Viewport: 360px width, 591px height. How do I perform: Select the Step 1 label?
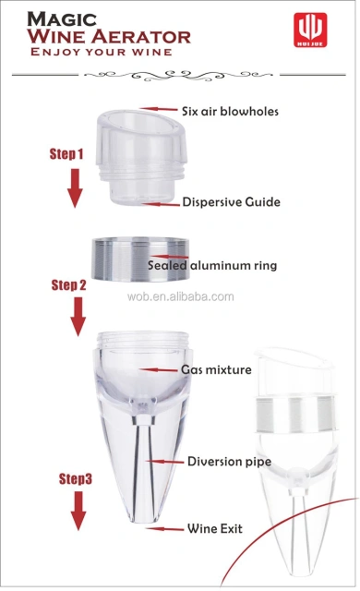66,154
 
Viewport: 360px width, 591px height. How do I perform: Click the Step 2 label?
68,285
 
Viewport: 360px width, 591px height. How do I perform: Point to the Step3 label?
76,479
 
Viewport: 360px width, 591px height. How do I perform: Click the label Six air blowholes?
231,112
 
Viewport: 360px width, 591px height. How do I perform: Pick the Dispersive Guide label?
231,201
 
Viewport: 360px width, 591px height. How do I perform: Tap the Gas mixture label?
216,369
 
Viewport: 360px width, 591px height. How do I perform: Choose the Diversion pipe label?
228,461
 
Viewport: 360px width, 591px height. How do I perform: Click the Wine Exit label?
218,529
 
